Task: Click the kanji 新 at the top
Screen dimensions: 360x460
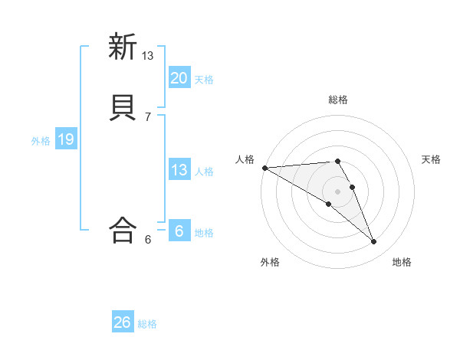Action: coord(122,47)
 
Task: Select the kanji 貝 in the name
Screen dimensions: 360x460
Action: coord(122,107)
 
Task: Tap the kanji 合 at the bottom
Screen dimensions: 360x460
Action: coord(122,229)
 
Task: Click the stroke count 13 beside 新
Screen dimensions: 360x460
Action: coord(148,56)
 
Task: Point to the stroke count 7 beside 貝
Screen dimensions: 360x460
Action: coord(148,116)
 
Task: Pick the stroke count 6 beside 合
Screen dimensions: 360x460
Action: coord(148,239)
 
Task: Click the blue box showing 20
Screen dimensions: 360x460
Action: coord(179,77)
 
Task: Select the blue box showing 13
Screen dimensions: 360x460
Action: coord(179,170)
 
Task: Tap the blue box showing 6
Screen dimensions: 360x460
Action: coord(179,231)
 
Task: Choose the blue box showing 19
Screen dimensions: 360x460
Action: coord(65,139)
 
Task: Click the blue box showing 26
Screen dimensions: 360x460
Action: coord(123,322)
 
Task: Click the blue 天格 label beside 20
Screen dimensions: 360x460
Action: coord(204,79)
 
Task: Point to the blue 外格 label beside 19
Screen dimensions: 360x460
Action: coord(41,141)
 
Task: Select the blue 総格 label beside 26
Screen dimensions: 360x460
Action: coord(147,324)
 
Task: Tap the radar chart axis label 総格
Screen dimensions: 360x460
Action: coord(338,100)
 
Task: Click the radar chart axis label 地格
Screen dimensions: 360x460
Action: coord(402,263)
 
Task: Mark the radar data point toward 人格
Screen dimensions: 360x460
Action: coord(264,168)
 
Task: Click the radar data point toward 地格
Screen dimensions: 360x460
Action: coord(374,242)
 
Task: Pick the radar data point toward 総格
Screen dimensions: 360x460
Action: coord(337,161)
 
